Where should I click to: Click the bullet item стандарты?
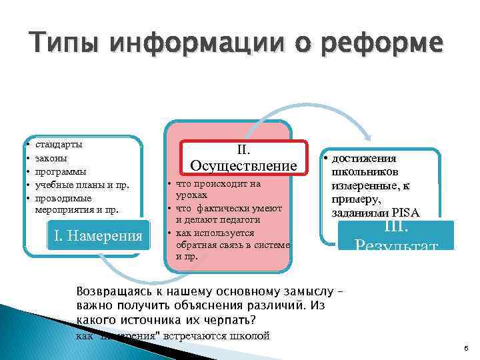point(59,144)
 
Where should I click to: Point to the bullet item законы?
point(51,158)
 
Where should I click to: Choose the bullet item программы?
point(60,171)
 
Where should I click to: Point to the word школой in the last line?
point(253,335)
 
